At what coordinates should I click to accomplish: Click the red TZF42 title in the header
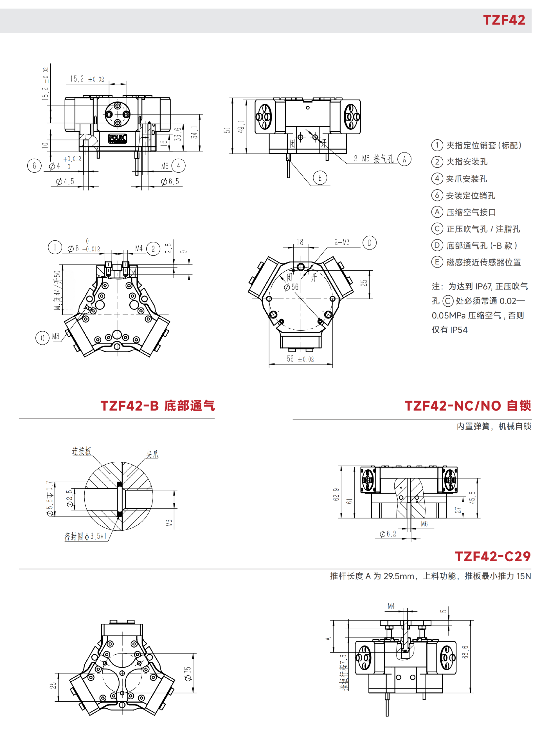[504, 20]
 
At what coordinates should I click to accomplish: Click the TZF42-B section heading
[157, 406]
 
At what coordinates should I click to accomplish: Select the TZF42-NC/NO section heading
[468, 406]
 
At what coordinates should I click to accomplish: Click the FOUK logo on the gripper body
[117, 138]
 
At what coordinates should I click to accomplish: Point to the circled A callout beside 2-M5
[404, 159]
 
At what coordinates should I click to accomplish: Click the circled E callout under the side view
[320, 178]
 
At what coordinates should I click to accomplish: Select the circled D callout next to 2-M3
[369, 243]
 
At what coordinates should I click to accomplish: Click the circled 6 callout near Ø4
[34, 166]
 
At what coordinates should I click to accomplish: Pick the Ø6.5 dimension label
[170, 181]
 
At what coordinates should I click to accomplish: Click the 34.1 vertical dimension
[195, 133]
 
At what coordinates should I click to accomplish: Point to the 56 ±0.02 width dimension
[300, 359]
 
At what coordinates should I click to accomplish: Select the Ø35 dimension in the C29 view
[188, 674]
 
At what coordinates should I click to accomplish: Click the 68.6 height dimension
[465, 652]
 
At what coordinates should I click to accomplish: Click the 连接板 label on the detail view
[81, 451]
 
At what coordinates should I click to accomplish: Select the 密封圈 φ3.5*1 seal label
[85, 536]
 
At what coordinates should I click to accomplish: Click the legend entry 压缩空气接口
[471, 212]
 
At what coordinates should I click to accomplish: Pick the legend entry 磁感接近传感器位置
[483, 262]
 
